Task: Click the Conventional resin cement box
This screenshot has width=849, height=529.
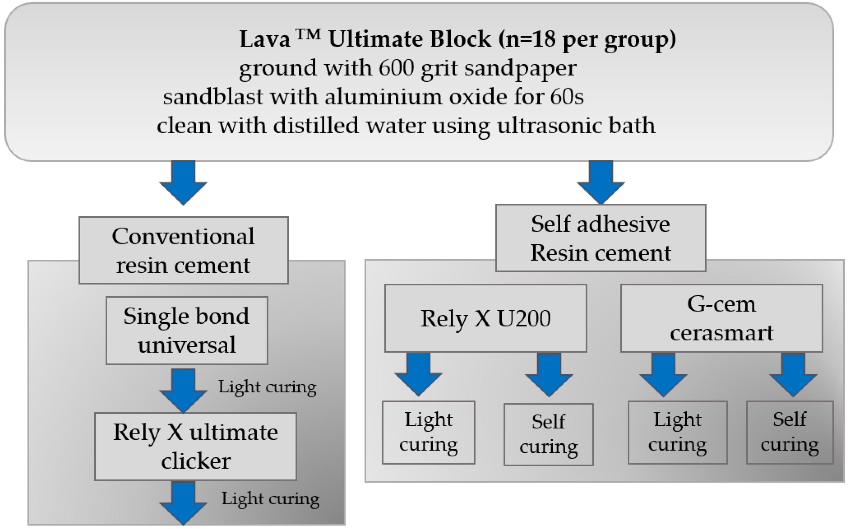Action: point(183,250)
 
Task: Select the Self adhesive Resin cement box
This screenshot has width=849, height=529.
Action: point(601,238)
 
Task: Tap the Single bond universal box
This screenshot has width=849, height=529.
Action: point(187,331)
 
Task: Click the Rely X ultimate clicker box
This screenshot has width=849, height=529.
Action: point(195,446)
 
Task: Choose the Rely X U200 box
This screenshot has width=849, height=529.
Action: point(485,318)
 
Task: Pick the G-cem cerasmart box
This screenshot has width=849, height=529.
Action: point(721,318)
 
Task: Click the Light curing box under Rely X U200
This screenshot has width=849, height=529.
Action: point(428,432)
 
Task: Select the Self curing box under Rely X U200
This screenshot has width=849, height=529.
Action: point(548,435)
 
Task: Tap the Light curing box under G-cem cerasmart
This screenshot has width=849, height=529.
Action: point(678,432)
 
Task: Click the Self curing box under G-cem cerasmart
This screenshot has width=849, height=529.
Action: point(790,432)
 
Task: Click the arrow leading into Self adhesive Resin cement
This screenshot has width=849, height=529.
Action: point(601,182)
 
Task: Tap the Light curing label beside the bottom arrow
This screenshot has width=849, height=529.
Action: point(270,498)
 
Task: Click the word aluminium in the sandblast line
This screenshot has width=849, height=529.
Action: point(383,97)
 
